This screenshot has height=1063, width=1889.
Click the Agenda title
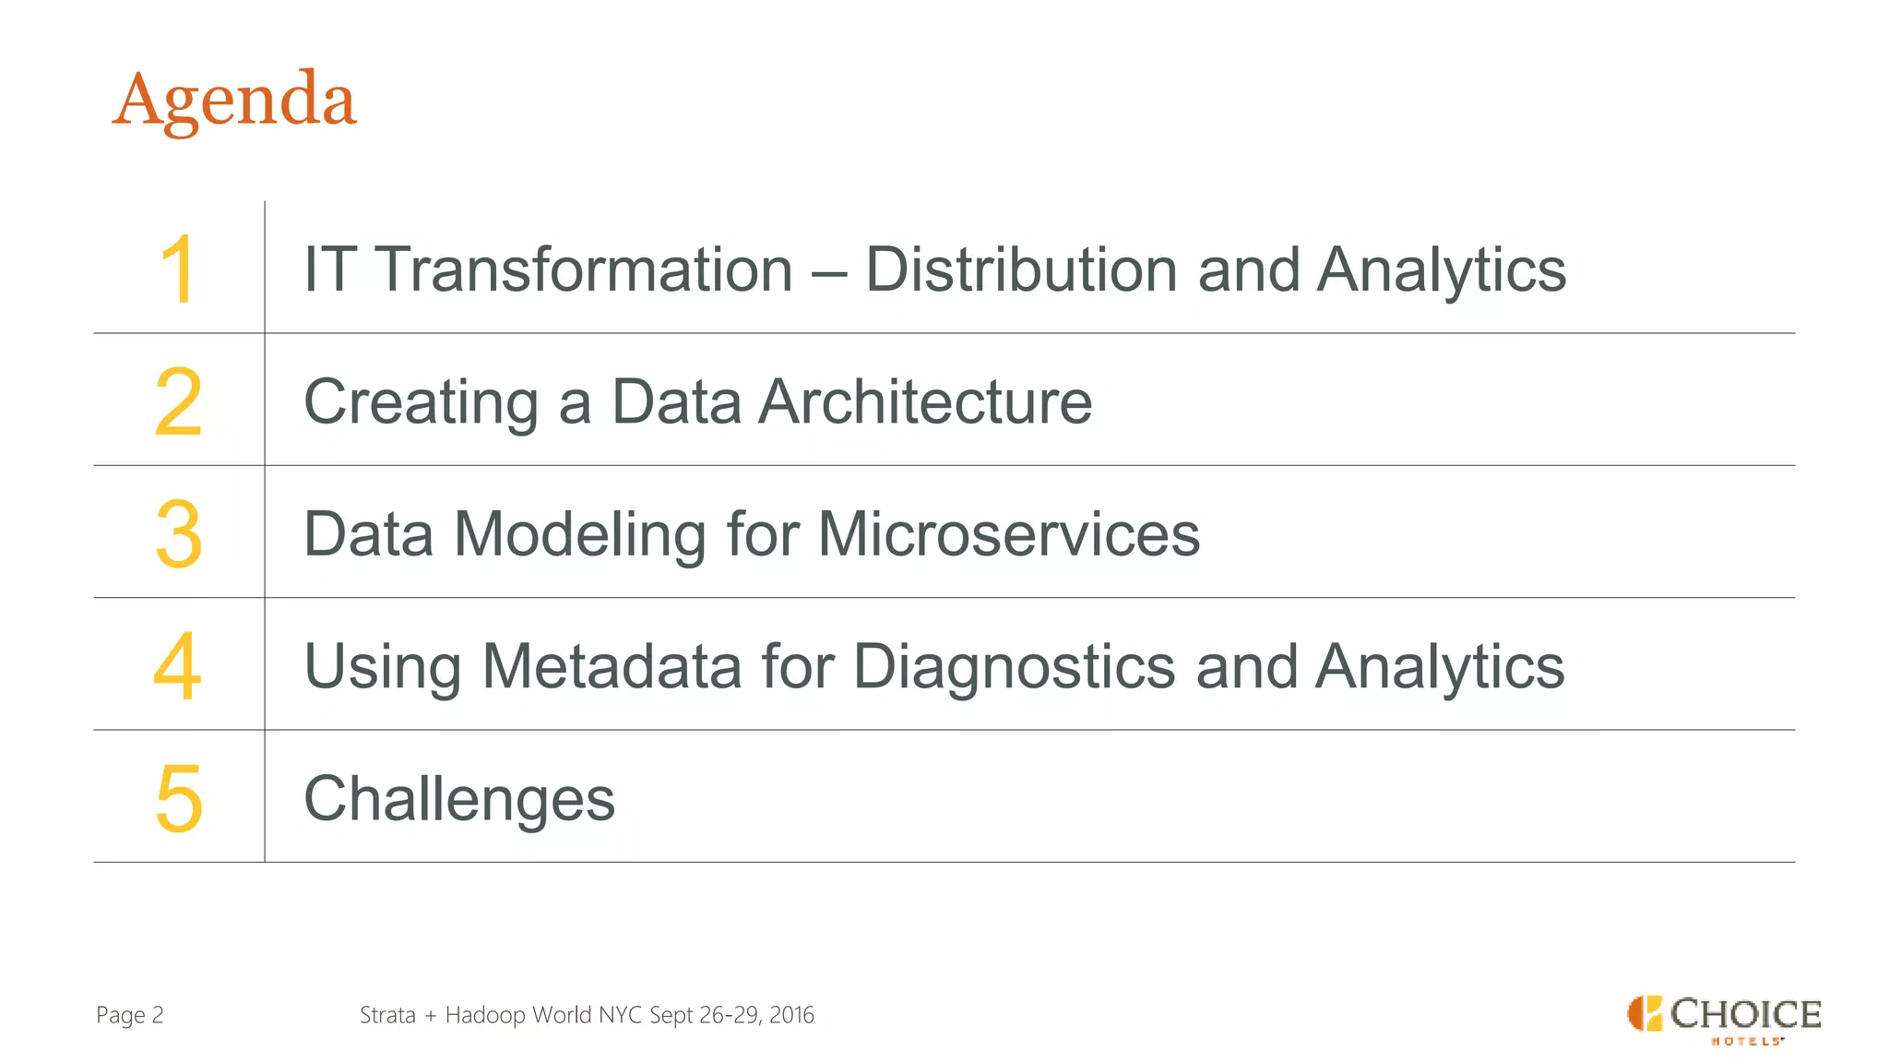pos(234,100)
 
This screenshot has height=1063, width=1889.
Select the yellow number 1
pos(177,269)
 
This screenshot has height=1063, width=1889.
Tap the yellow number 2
pos(178,401)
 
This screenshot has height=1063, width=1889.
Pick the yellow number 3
pos(178,533)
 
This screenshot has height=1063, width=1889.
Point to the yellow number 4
pos(177,665)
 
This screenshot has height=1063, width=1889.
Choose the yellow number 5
pos(178,798)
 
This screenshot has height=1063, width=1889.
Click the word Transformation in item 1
pos(585,269)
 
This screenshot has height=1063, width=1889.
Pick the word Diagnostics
pos(1015,668)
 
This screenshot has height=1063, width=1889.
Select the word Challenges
pos(459,799)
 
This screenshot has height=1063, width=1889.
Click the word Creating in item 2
pos(421,403)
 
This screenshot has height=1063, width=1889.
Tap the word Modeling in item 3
pos(580,535)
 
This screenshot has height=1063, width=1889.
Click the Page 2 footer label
pos(130,1015)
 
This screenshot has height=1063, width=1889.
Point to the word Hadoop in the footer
pos(485,1015)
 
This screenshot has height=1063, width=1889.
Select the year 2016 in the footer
pos(791,1015)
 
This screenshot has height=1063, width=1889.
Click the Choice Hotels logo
pos(1723,1018)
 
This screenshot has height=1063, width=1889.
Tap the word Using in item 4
pos(382,667)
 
